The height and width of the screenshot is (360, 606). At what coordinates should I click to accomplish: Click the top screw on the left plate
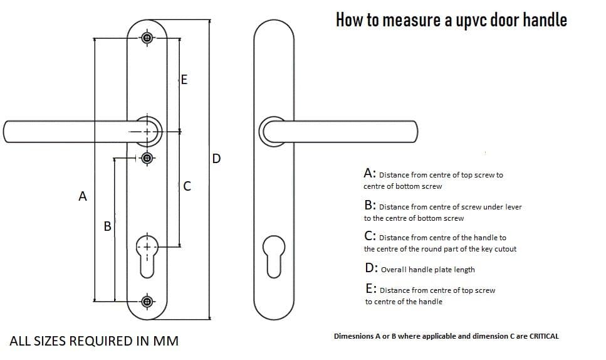(x=147, y=38)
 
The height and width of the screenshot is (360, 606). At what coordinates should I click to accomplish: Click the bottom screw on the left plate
(x=147, y=302)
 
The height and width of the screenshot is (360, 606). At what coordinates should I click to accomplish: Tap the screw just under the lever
(x=147, y=159)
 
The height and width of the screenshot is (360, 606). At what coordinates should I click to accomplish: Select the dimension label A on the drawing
(x=82, y=196)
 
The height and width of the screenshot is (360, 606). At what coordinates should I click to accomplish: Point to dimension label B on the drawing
(x=107, y=226)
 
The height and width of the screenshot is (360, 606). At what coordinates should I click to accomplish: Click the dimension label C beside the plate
(x=187, y=186)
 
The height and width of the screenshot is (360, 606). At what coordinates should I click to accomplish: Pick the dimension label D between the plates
(x=216, y=158)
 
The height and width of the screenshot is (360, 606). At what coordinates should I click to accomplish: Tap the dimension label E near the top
(x=183, y=80)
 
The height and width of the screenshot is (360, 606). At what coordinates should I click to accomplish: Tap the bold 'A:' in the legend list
(x=370, y=173)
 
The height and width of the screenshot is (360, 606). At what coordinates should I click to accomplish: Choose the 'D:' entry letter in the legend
(x=371, y=268)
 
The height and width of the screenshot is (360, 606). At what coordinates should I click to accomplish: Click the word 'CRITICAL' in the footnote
(x=543, y=336)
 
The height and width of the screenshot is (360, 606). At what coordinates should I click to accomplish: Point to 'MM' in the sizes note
(x=165, y=341)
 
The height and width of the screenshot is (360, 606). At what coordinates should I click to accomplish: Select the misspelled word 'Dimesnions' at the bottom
(x=355, y=336)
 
